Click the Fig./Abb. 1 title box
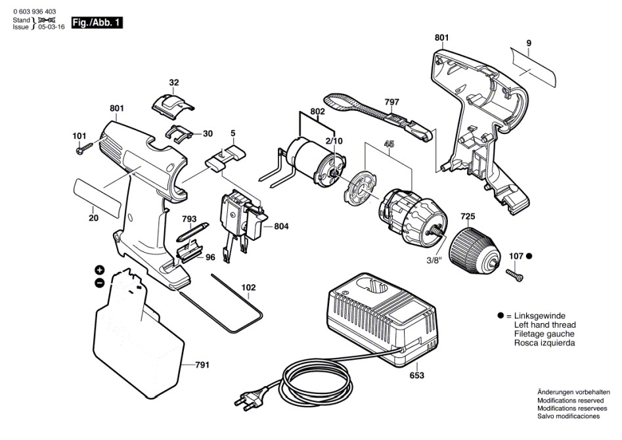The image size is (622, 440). tap(97, 22)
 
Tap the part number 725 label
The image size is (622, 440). tap(468, 217)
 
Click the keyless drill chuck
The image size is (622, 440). tap(474, 251)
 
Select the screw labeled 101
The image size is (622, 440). tap(84, 149)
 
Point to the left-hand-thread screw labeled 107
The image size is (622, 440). tap(514, 275)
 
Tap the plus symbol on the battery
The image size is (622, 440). tap(99, 271)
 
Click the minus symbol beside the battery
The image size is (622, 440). tap(99, 283)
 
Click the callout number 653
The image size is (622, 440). tap(417, 376)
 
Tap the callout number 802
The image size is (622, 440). tap(317, 112)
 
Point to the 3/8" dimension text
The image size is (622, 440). tap(434, 261)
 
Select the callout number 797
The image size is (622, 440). tap(391, 102)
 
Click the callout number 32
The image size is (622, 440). tap(174, 83)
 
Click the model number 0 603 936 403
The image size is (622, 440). tap(35, 12)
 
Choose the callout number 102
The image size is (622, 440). tap(248, 287)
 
